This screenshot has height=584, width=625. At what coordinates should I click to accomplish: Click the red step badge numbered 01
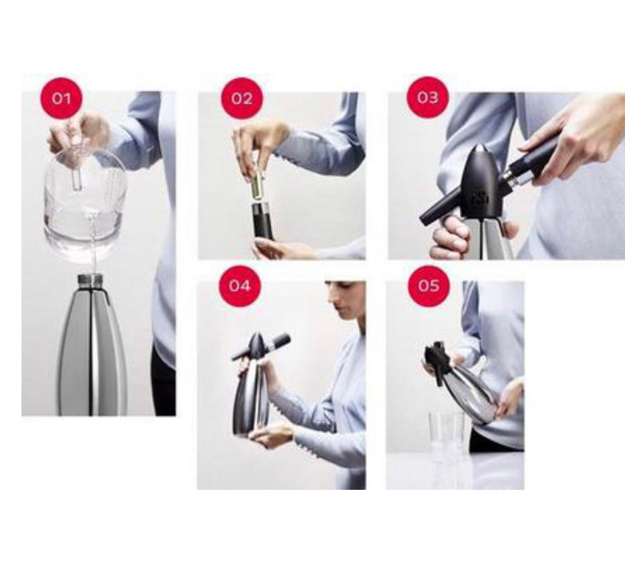[61, 98]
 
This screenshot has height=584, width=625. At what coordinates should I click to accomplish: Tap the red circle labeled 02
[242, 98]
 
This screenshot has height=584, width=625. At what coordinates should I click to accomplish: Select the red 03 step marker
[427, 98]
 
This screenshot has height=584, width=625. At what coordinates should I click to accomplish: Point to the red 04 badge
[240, 286]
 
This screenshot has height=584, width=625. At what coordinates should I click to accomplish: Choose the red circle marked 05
[429, 286]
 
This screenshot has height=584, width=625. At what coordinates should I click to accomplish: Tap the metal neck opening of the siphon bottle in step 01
[91, 279]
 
